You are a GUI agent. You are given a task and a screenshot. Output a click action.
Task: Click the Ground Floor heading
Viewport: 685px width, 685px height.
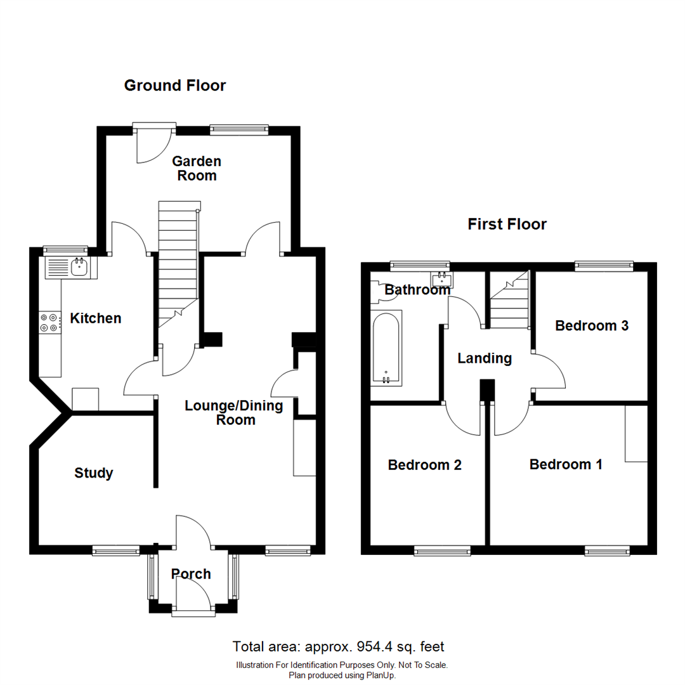(x=174, y=86)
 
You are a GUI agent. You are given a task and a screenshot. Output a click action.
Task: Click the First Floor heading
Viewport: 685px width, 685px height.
(x=507, y=224)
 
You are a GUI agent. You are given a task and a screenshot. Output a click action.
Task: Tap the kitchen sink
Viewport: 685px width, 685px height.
(x=79, y=268)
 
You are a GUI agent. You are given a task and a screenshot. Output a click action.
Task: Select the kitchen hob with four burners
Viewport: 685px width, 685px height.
(x=49, y=322)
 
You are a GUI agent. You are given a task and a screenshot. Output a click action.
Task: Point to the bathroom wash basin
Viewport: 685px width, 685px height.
(x=442, y=280)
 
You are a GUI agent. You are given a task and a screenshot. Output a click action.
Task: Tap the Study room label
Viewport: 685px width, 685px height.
(x=94, y=473)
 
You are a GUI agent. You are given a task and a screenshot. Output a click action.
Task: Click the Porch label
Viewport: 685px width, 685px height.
(x=191, y=574)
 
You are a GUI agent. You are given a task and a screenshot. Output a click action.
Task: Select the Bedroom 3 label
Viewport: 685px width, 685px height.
(x=591, y=325)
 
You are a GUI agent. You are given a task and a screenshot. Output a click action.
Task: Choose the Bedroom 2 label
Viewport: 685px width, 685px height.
(x=424, y=465)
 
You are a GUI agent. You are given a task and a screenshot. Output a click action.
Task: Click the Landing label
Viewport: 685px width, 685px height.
(x=485, y=358)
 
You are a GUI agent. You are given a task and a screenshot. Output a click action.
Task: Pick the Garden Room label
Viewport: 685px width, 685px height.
(x=197, y=168)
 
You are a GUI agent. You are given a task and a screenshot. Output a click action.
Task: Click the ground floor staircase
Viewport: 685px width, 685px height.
(x=178, y=260)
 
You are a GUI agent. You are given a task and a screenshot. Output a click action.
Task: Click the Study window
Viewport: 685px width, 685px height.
(x=116, y=551)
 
